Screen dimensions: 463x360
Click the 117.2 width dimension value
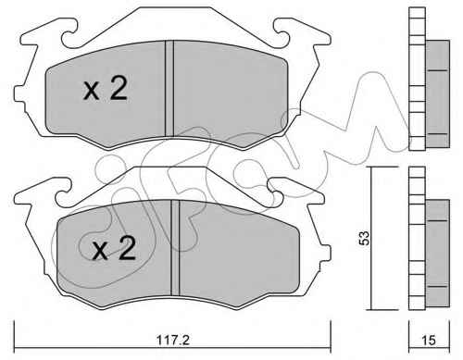coord(173,341)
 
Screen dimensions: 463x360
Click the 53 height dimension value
coord(365,238)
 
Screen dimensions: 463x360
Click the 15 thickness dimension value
coord(429,341)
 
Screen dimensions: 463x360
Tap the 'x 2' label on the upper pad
coord(105,88)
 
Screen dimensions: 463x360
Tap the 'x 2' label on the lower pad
coord(114,248)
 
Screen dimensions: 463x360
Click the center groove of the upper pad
coord(169,89)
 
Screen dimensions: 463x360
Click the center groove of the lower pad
coord(175,247)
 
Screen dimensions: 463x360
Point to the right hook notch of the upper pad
coord(282,34)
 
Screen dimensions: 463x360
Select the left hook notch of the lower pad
coord(64,193)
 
